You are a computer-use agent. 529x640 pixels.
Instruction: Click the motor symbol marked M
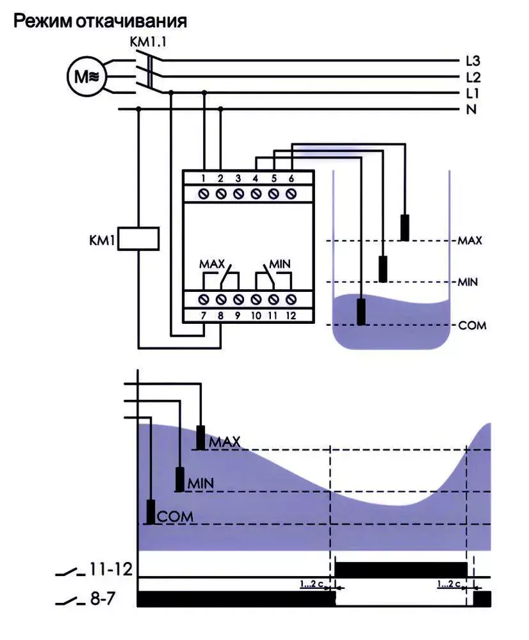[86, 76]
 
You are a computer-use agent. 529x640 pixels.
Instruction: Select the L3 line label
[473, 61]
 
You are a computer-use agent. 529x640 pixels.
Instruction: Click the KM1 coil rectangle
[138, 238]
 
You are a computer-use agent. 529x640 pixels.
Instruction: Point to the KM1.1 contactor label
[148, 42]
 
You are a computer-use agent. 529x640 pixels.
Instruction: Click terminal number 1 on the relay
[204, 179]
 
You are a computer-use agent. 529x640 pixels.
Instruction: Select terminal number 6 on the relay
[291, 179]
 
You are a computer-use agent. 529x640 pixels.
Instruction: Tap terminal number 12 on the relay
[291, 316]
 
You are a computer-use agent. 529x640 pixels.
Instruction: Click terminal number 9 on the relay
[238, 316]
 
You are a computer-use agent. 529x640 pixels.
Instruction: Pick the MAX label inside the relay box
[212, 264]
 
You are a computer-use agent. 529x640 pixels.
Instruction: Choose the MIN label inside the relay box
[280, 264]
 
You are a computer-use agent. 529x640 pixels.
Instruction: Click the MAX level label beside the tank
[470, 241]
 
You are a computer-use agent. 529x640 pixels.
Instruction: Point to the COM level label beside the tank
[472, 326]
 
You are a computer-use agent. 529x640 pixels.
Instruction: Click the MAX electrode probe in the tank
[404, 227]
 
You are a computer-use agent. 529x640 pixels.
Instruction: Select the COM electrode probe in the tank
[361, 312]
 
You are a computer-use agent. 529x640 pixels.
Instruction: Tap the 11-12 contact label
[111, 570]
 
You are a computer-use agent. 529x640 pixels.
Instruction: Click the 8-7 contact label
[102, 599]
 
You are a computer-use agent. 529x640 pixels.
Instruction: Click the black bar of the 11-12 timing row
[401, 570]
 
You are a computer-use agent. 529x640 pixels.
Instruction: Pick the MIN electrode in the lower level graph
[180, 479]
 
